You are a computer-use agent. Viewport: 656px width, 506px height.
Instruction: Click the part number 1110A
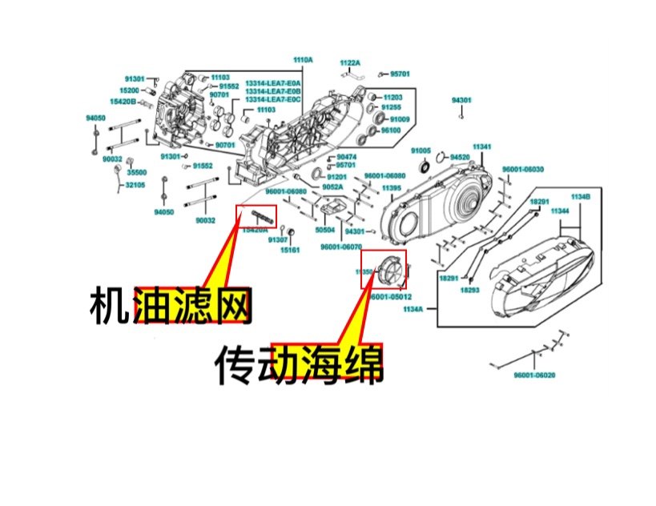(302, 60)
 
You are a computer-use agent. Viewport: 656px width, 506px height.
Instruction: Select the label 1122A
(350, 62)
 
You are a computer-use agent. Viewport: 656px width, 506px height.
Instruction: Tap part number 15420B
(123, 102)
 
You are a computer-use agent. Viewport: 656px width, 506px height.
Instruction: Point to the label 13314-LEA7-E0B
(273, 91)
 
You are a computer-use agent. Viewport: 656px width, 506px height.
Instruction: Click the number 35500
(137, 172)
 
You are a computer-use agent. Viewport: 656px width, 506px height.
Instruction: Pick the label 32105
(135, 185)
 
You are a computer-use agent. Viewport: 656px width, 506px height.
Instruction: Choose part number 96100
(390, 130)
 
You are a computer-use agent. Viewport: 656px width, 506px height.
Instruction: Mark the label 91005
(421, 151)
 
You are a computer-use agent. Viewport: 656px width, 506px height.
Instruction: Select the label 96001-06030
(523, 169)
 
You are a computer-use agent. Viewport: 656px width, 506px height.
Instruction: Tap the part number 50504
(325, 229)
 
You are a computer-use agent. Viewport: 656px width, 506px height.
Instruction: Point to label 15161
(290, 250)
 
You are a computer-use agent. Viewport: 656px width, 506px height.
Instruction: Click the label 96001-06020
(534, 375)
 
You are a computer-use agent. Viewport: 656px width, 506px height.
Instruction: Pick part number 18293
(469, 291)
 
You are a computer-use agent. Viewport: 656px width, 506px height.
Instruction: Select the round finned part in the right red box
(387, 269)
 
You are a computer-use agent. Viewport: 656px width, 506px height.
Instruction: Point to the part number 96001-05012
(390, 295)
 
